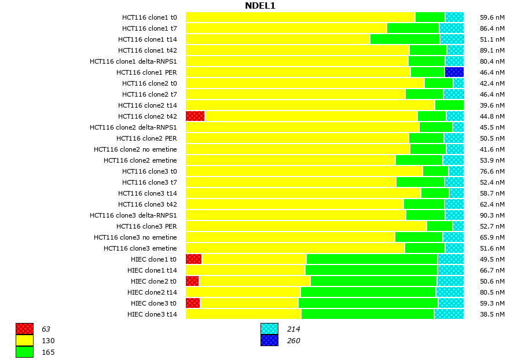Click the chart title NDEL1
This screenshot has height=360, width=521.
[x=260, y=6]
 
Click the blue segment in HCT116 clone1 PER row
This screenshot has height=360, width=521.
[x=454, y=72]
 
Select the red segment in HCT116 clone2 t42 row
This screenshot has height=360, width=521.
[x=195, y=116]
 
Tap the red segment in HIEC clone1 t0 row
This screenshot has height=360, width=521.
[x=193, y=259]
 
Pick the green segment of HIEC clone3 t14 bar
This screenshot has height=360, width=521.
[x=368, y=314]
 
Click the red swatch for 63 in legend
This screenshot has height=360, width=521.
[x=24, y=329]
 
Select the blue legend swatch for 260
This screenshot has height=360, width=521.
[x=269, y=340]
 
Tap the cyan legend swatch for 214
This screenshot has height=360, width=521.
[x=269, y=329]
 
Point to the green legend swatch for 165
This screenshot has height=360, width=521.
[x=24, y=352]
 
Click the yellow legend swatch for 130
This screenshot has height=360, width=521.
[x=24, y=340]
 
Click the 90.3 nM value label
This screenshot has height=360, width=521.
[x=493, y=215]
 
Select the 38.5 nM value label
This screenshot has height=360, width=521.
[x=493, y=314]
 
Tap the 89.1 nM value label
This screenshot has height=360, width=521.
[x=493, y=50]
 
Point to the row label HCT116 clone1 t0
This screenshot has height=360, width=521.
[x=149, y=17]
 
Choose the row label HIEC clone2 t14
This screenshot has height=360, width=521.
[x=152, y=292]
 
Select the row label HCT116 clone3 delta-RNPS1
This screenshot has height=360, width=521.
[x=133, y=215]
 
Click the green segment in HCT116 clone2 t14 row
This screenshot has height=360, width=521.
[x=449, y=105]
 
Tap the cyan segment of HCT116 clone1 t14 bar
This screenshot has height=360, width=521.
[x=452, y=39]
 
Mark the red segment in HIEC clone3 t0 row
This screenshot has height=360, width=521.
[x=193, y=303]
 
